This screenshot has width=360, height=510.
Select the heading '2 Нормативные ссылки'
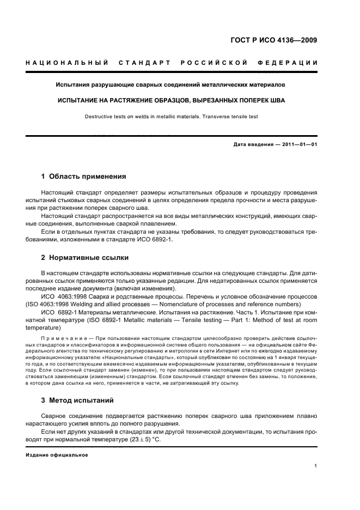click(85, 257)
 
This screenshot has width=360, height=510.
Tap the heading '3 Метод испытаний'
click(77, 400)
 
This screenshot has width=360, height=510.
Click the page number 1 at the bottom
click(316, 466)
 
